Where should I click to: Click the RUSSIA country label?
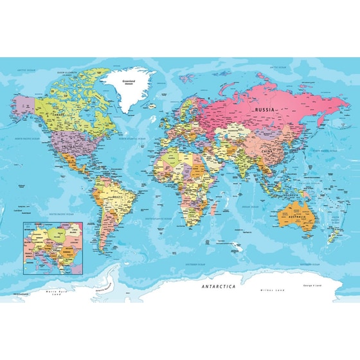click(x=265, y=110)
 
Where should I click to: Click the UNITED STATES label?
click(x=70, y=147)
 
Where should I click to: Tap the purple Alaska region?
click(x=24, y=103)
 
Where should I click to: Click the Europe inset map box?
click(x=53, y=246)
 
